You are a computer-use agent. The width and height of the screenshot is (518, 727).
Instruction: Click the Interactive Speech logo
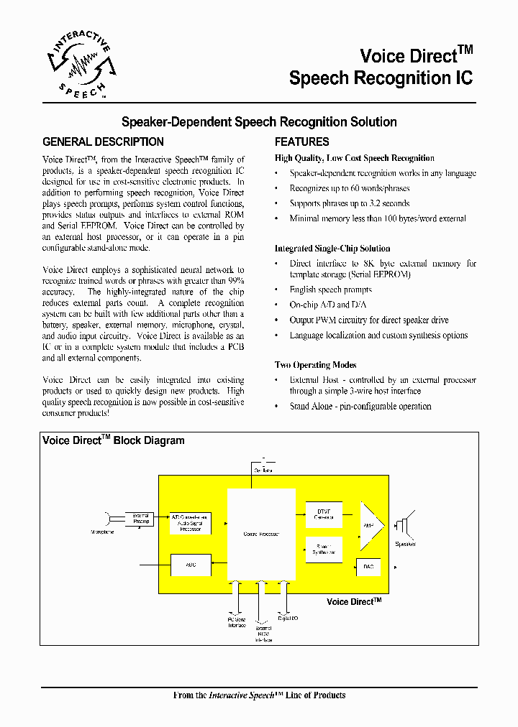(79, 69)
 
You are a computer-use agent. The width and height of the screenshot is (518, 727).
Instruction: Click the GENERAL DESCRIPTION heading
(103, 142)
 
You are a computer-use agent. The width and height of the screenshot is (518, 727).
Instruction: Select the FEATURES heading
(301, 142)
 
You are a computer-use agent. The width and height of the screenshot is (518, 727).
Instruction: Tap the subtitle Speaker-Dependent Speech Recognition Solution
(258, 122)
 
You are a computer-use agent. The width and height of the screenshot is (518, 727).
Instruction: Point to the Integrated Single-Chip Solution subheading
(332, 249)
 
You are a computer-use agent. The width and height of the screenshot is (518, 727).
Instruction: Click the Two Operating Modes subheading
(315, 365)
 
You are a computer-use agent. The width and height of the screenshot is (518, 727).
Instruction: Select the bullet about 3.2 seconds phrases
(349, 204)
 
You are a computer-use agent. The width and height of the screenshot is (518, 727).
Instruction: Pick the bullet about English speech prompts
(330, 290)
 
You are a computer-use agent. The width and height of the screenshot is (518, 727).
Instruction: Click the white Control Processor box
(261, 534)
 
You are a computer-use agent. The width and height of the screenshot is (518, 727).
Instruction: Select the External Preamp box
(141, 518)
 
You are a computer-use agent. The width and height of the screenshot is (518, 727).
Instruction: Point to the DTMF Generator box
(324, 514)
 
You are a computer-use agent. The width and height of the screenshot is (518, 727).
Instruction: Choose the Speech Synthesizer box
(324, 550)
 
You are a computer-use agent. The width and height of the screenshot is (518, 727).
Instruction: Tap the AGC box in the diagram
(191, 565)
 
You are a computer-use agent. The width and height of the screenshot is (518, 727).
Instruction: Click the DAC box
(368, 567)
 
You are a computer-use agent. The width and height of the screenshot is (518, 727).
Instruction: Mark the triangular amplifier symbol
(371, 525)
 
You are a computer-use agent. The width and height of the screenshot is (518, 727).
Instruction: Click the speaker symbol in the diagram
(405, 526)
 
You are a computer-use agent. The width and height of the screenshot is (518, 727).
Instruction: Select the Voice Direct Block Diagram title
(114, 441)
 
